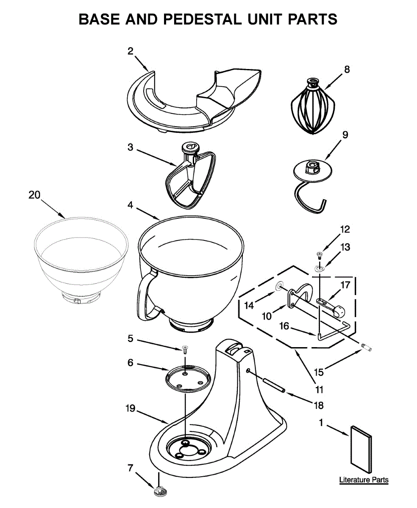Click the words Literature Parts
[x=364, y=480]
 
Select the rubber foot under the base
[x=159, y=491]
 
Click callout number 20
[x=35, y=195]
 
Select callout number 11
[x=319, y=389]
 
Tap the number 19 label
[x=130, y=409]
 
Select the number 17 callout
[x=346, y=285]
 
